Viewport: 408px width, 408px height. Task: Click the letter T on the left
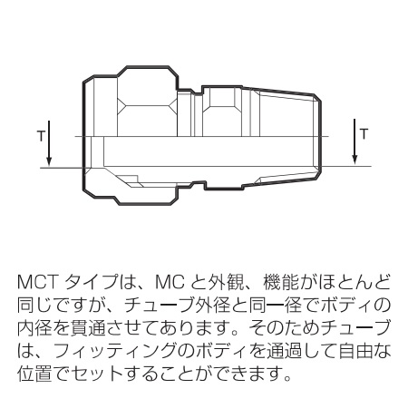point(41,136)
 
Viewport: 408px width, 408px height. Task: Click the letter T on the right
point(364,134)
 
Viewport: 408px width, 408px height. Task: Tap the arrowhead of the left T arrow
point(49,161)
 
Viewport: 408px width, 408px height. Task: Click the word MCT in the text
point(37,282)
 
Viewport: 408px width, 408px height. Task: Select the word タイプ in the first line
point(92,282)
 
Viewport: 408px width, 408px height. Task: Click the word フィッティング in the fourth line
point(115,352)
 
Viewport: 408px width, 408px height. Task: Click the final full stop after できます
point(287,378)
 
